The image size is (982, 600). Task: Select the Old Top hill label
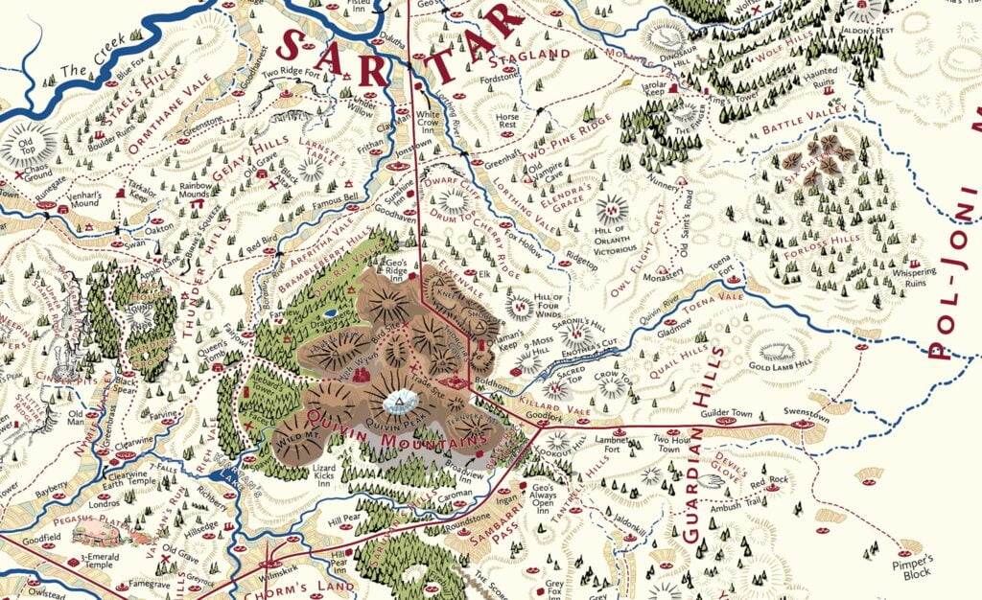point(21,149)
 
